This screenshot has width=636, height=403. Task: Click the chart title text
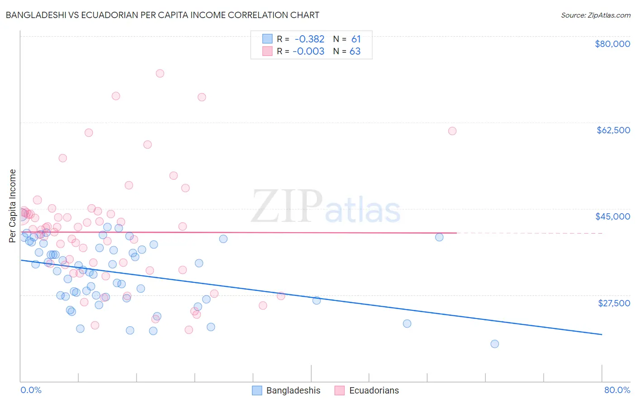(162, 15)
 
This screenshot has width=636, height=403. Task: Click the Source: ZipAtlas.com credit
(595, 15)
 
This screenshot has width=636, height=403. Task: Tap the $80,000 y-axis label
(612, 44)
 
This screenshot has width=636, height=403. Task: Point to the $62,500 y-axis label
(613, 130)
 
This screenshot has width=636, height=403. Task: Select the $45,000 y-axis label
(612, 216)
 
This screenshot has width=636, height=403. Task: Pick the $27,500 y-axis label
(614, 303)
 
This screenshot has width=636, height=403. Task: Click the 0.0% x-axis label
(31, 390)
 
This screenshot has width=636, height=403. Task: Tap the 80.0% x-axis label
(617, 390)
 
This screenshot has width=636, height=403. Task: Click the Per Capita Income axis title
(13, 206)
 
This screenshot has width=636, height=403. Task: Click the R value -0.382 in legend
(309, 39)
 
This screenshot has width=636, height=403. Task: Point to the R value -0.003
(309, 51)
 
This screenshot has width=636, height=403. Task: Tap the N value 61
(356, 39)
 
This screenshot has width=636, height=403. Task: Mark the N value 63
(355, 51)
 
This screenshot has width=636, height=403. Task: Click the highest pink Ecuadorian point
(160, 73)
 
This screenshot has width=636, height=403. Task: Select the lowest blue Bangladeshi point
(494, 344)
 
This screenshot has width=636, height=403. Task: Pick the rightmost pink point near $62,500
(452, 131)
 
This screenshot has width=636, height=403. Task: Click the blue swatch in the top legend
(267, 39)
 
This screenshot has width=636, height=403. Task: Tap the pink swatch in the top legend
(267, 51)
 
